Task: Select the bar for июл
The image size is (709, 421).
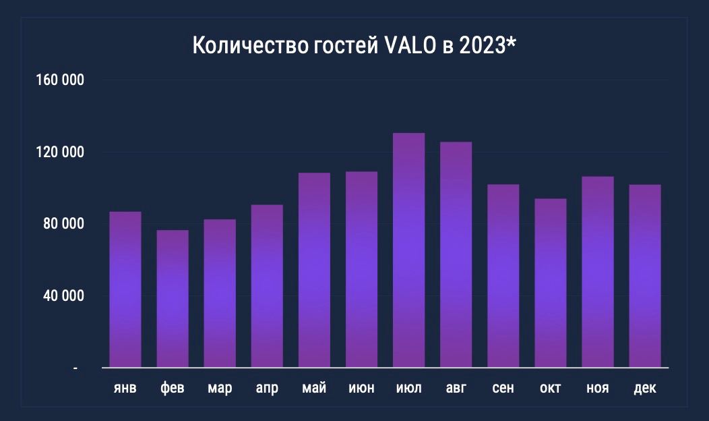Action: tap(409, 250)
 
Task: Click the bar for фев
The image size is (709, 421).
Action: tap(173, 299)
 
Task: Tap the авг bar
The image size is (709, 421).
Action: tap(456, 254)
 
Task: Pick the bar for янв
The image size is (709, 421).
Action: tap(125, 289)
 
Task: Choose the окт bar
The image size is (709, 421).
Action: tap(551, 283)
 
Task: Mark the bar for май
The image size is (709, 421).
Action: tap(314, 270)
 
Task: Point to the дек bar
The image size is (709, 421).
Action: tap(645, 276)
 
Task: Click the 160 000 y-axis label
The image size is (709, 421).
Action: tap(60, 80)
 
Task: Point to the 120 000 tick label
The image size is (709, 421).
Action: tap(60, 152)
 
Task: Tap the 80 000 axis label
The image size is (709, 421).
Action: tap(64, 223)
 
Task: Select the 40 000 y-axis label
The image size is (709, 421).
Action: tap(64, 296)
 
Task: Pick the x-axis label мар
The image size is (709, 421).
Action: tap(220, 389)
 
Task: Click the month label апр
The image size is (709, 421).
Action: tap(268, 389)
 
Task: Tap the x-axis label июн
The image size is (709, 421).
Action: tap(362, 388)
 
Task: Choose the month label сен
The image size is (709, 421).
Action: tap(503, 388)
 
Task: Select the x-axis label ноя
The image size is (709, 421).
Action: tap(598, 388)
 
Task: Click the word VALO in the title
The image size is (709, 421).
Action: tap(410, 45)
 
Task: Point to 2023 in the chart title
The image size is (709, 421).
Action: tap(482, 45)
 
